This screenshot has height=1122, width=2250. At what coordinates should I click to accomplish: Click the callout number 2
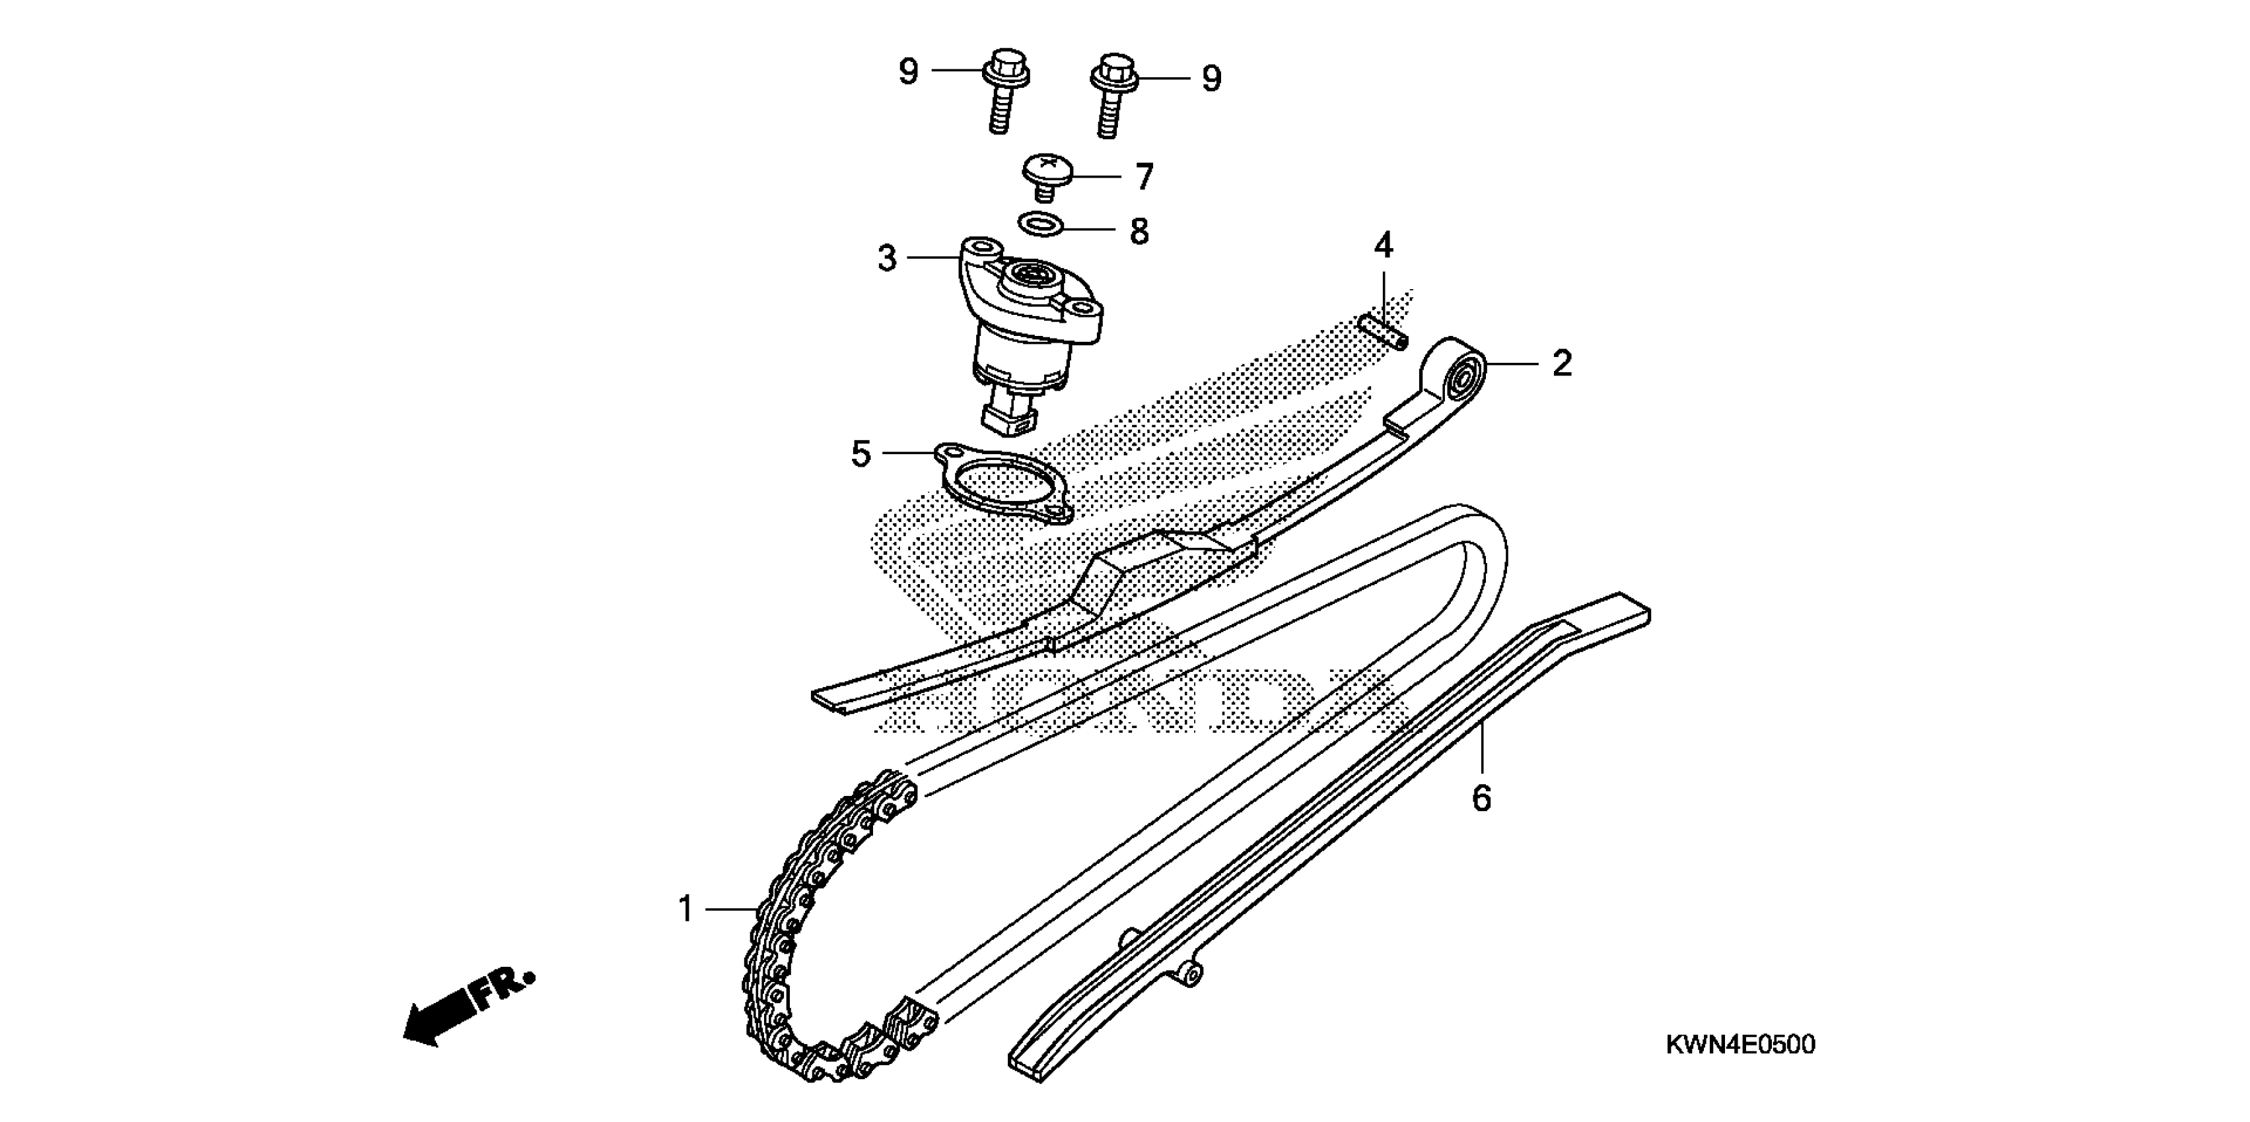[x=1562, y=363]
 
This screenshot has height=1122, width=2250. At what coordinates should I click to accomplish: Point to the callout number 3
[x=886, y=259]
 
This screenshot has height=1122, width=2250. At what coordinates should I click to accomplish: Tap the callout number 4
[x=1384, y=247]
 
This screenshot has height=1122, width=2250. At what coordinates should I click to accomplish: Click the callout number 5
[x=861, y=454]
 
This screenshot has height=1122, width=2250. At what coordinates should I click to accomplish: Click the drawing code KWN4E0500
[x=1740, y=1044]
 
